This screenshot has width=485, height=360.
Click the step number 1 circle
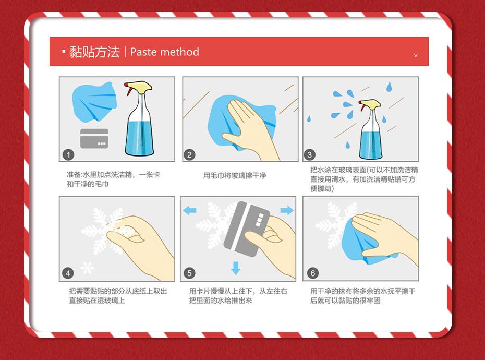(68, 154)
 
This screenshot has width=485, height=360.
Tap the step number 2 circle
(189, 154)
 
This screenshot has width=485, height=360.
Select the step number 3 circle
(310, 154)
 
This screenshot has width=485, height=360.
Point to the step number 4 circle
(68, 273)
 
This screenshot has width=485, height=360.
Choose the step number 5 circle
(189, 273)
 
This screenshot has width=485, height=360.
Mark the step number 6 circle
(313, 273)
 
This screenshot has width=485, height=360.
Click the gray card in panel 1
(94, 138)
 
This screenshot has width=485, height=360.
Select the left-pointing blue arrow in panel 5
(190, 211)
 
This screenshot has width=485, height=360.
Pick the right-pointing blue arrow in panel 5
(287, 210)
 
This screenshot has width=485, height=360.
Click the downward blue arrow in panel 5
(236, 268)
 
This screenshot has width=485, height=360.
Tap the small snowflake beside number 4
(88, 268)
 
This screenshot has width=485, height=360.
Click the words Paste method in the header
(165, 52)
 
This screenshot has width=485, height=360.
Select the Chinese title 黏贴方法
(94, 52)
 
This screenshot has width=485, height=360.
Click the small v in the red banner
(416, 55)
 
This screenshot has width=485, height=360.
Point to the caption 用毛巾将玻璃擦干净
(235, 175)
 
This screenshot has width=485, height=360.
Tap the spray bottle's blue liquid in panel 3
(371, 145)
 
